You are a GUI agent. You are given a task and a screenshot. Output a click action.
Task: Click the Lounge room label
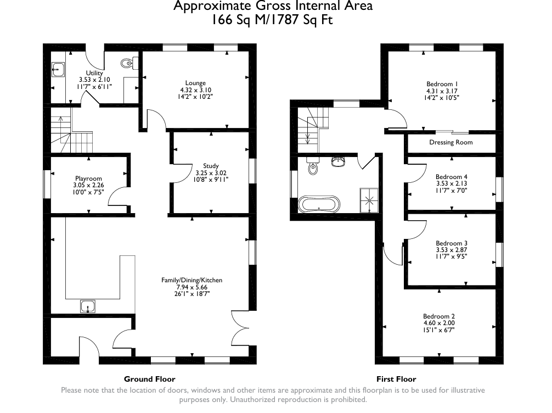pos(195,83)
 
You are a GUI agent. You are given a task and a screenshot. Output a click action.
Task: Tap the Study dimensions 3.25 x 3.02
pos(211,173)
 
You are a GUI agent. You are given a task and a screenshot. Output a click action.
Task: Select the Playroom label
pos(88,178)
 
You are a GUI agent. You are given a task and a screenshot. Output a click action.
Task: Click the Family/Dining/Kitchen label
pos(192,280)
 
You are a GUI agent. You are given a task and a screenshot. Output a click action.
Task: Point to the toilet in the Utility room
pos(127,63)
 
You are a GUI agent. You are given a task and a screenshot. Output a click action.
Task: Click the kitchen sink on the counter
pos(88,306)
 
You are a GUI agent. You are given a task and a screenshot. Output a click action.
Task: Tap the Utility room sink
pos(58,69)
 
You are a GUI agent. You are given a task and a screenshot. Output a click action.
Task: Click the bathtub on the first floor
pos(319,204)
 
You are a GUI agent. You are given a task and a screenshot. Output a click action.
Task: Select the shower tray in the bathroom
pos(369,200)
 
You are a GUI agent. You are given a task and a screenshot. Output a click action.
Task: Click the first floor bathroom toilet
pos(313,166)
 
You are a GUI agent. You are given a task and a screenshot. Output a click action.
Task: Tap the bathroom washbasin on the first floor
pos(338,161)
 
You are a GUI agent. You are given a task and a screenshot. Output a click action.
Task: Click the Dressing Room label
pos(451,142)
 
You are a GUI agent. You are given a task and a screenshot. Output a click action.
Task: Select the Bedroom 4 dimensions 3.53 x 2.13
pos(452,183)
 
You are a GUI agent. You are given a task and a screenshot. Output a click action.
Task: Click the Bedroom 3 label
pos(452,243)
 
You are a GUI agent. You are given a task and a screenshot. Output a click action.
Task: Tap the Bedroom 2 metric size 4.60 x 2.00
pos(439,323)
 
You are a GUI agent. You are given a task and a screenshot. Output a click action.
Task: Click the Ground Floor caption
pos(150,379)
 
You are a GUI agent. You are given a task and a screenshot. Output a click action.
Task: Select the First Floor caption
pos(396,379)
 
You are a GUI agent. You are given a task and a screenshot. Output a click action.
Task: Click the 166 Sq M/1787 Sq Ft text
pos(272,20)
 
